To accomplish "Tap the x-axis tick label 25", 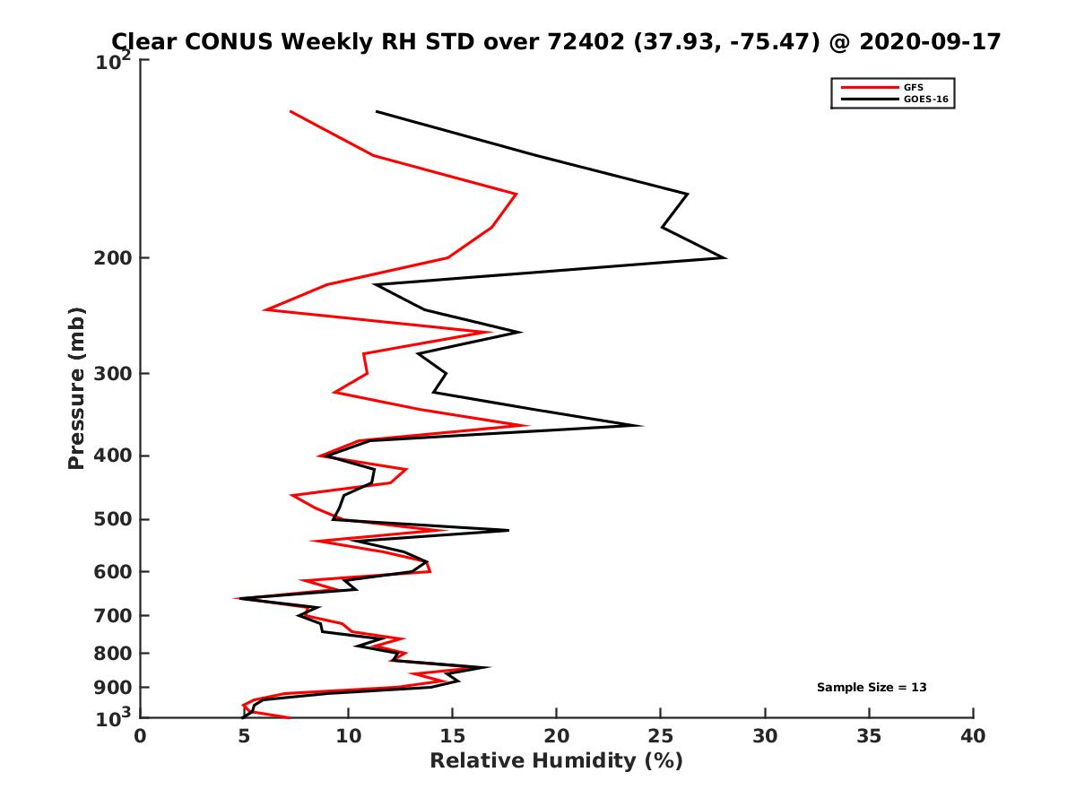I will (x=661, y=736).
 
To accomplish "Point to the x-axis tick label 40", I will (x=973, y=736).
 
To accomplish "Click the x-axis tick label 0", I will (x=141, y=736).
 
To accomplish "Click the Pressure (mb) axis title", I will (x=76, y=387).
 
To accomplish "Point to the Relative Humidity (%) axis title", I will (x=556, y=762).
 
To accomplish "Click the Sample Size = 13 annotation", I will (x=872, y=688).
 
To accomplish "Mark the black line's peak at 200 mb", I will (x=725, y=258).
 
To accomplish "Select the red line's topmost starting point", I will (x=291, y=111).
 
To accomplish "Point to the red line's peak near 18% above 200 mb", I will (x=516, y=194).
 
